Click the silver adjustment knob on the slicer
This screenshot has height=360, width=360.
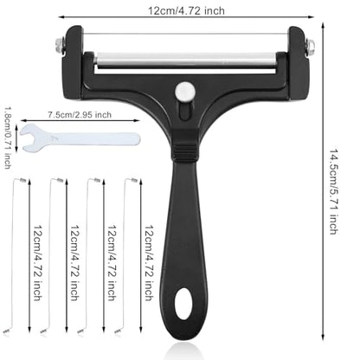(184, 90)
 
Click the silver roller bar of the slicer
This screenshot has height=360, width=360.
(187, 59)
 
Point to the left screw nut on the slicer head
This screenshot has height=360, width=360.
(60, 46)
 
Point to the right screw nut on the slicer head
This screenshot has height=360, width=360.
(310, 46)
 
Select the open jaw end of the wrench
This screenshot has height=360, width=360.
(29, 138)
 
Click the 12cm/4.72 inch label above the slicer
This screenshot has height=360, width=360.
(186, 11)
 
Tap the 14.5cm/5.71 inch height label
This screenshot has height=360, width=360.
(334, 191)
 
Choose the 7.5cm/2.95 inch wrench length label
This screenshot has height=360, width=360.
(80, 114)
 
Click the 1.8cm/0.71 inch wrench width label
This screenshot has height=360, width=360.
(8, 138)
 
